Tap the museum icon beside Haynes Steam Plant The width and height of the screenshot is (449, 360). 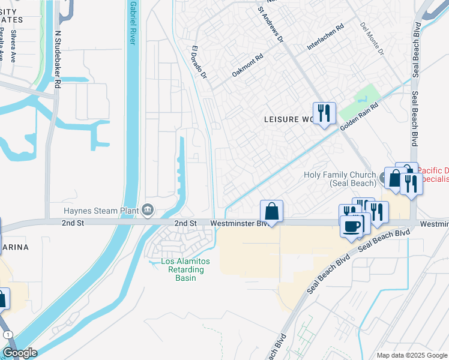tap(148, 210)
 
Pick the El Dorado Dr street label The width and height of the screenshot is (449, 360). tap(199, 63)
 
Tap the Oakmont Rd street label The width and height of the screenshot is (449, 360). tap(248, 67)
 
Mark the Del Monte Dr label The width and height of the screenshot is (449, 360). tap(372, 39)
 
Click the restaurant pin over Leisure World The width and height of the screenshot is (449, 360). tap(324, 113)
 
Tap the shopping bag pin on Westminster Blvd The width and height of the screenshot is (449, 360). tap(271, 211)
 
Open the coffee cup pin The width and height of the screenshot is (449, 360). tap(352, 226)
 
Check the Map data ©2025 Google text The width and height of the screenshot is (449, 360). tap(411, 355)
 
